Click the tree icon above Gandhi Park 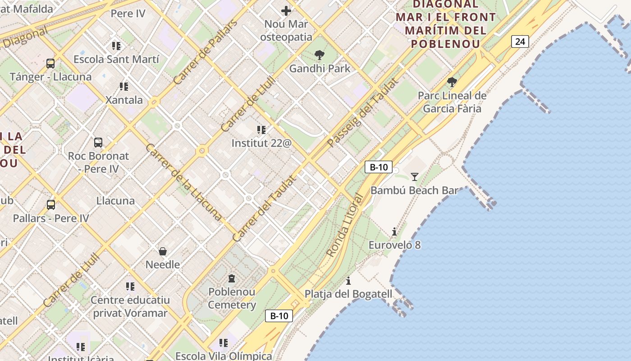pyautogui.click(x=320, y=56)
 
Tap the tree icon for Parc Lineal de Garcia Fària pyautogui.click(x=452, y=82)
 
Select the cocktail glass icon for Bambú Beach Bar pyautogui.click(x=415, y=177)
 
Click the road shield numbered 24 pyautogui.click(x=520, y=42)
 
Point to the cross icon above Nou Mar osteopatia pyautogui.click(x=286, y=11)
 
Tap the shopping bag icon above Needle pyautogui.click(x=163, y=251)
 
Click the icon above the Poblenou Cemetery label pyautogui.click(x=232, y=278)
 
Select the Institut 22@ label pyautogui.click(x=261, y=143)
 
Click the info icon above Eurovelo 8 pyautogui.click(x=394, y=232)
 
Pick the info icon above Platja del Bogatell pyautogui.click(x=348, y=281)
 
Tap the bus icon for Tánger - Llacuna pyautogui.click(x=50, y=64)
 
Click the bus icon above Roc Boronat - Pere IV pyautogui.click(x=98, y=143)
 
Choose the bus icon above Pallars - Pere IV pyautogui.click(x=51, y=205)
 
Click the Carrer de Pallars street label pyautogui.click(x=206, y=52)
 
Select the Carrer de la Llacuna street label pyautogui.click(x=183, y=182)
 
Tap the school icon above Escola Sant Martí pyautogui.click(x=116, y=46)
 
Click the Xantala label pyautogui.click(x=124, y=100)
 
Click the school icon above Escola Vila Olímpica pyautogui.click(x=223, y=343)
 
